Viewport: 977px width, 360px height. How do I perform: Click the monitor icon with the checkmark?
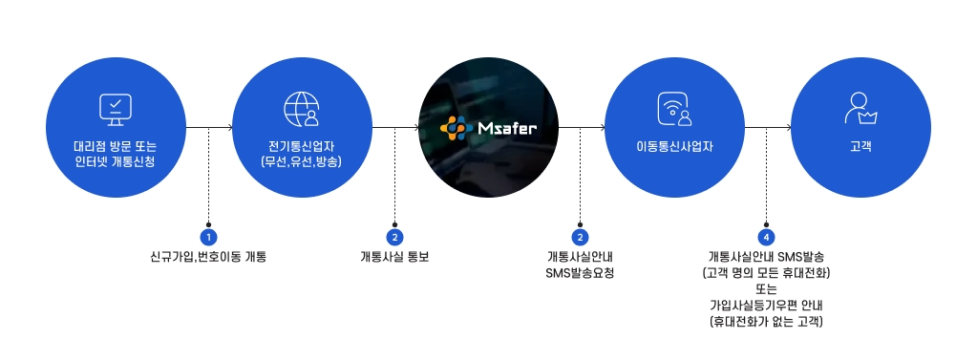point(116,110)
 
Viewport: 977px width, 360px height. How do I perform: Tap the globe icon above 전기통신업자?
point(302,109)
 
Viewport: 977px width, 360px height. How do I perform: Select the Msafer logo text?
point(507,129)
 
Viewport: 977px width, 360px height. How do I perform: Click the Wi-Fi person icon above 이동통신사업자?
point(674,109)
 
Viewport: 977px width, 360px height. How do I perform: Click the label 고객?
point(860,148)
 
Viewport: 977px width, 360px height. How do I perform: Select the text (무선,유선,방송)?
point(302,162)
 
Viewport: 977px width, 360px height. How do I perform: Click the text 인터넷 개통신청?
point(116,162)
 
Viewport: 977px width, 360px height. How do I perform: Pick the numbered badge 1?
point(209,238)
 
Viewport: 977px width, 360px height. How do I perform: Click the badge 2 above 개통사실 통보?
point(394,238)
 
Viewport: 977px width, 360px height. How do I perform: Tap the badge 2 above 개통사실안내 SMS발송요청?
point(580,238)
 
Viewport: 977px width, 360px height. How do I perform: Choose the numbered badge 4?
point(766,238)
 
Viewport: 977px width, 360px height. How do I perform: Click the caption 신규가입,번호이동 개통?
point(209,257)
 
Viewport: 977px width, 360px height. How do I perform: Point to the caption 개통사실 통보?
point(394,257)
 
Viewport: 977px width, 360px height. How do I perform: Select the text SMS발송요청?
point(580,273)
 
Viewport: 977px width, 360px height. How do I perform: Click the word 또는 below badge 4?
point(766,289)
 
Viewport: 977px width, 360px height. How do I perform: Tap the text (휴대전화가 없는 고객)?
point(766,322)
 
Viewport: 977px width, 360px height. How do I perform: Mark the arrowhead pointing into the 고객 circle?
point(790,128)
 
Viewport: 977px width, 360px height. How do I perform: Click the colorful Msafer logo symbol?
point(457,128)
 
